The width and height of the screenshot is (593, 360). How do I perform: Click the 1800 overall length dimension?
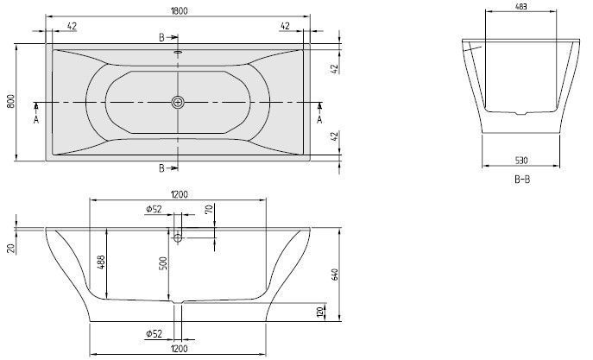click(179, 10)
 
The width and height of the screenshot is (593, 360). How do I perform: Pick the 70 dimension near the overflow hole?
click(209, 209)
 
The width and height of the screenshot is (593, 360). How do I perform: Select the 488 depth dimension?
click(100, 263)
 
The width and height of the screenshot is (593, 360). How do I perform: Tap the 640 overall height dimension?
click(332, 275)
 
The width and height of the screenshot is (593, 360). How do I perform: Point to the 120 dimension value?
click(320, 311)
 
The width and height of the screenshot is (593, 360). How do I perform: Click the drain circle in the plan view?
click(178, 103)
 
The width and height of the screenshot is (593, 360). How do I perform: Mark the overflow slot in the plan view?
click(178, 51)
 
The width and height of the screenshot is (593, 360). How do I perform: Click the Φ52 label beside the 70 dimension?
click(155, 209)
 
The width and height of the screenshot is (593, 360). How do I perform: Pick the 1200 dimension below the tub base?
click(179, 348)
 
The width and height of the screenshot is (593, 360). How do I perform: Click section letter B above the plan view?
click(161, 37)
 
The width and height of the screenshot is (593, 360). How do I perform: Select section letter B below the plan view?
click(161, 167)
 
